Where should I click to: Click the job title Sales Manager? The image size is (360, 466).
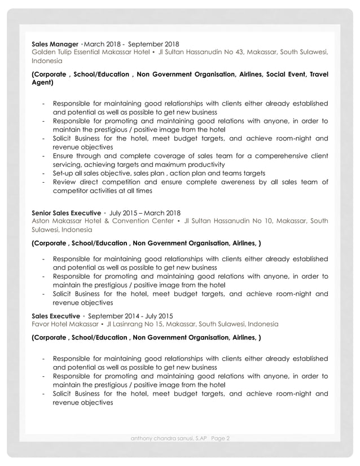pos(55,43)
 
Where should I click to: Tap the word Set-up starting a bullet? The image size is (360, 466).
pos(64,173)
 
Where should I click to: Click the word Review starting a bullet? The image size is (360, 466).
pos(65,182)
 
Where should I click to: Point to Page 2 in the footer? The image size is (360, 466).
pos(223,438)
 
